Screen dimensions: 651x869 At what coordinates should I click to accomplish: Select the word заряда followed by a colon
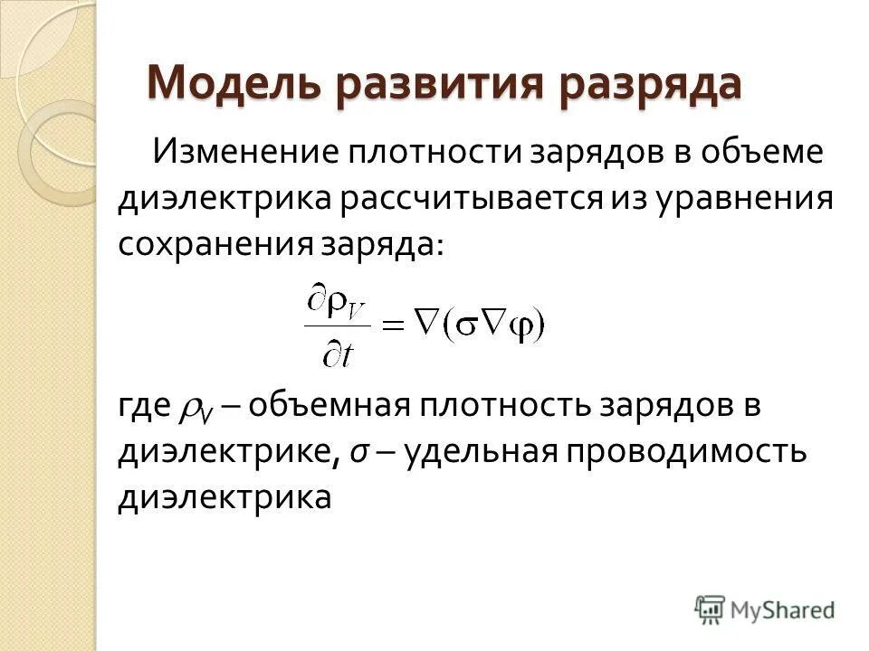tap(380, 246)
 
